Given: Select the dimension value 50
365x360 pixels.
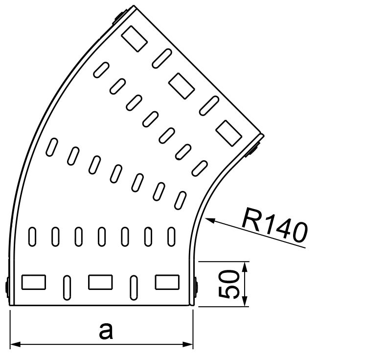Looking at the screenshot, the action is tap(229, 284).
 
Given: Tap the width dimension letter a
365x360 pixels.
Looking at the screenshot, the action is tap(106, 331).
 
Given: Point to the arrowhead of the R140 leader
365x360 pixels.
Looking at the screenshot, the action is tap(209, 220).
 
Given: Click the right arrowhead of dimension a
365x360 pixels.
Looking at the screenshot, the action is tap(187, 344).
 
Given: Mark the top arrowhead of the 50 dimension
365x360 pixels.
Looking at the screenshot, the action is tap(245, 267).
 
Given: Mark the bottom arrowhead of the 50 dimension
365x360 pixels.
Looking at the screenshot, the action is tap(245, 301).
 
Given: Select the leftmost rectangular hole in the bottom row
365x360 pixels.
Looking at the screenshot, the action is tap(34, 282).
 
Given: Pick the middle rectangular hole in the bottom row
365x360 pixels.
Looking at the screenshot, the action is tap(100, 282).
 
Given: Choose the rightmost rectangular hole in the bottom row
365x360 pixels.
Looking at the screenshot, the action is tap(167, 282).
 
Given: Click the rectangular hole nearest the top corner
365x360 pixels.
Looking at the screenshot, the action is tap(135, 39).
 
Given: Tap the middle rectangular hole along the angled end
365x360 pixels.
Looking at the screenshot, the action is tap(182, 86).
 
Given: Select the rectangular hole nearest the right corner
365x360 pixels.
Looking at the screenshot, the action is tap(229, 134).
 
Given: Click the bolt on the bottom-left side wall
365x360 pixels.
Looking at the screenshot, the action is tap(7, 287).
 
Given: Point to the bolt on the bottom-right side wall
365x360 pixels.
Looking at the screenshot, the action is tap(196, 287).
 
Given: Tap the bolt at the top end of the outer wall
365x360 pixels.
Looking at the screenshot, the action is tap(120, 17).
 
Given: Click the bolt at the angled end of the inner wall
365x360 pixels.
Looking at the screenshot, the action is tap(252, 150).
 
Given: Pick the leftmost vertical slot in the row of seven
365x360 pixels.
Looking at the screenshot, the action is tap(32, 237).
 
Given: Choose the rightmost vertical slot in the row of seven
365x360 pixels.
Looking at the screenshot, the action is tap(171, 237).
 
